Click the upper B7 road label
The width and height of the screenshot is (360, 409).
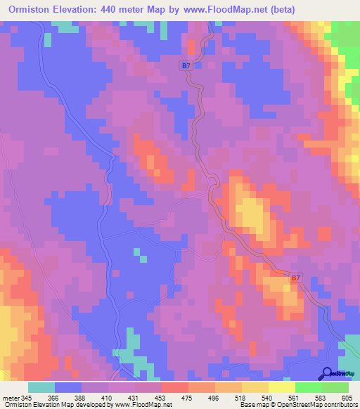point(186,66)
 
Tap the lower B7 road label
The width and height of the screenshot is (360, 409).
point(296,279)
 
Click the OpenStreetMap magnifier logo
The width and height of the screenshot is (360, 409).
point(327,372)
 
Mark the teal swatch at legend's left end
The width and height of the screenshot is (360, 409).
point(41,387)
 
